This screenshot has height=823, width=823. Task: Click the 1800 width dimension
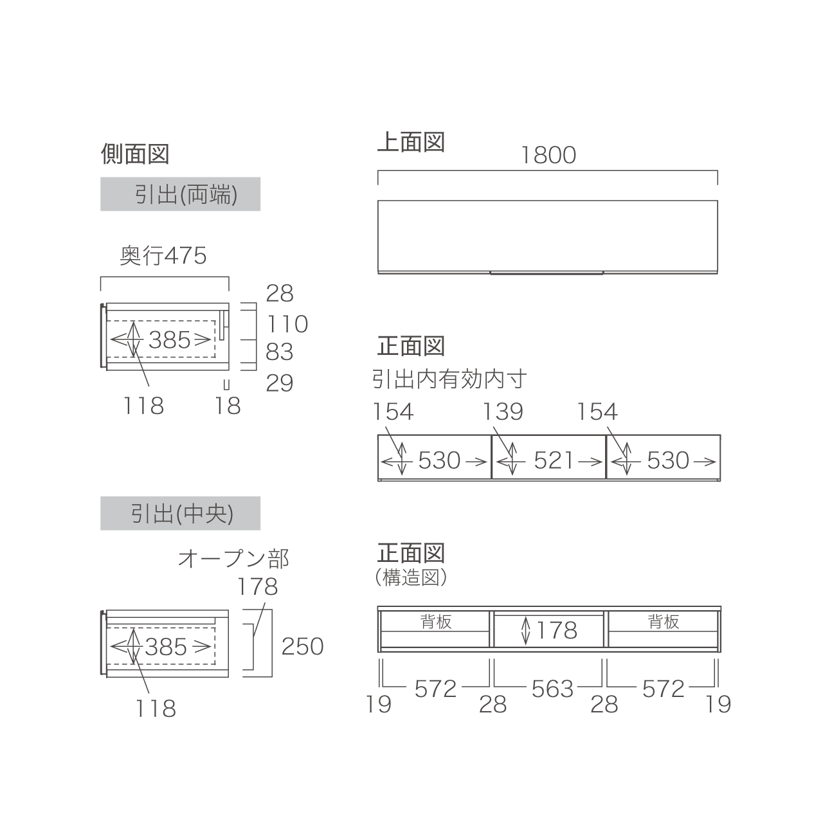click(x=548, y=155)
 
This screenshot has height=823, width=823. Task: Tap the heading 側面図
click(x=135, y=154)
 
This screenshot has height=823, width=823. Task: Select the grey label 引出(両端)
click(x=180, y=194)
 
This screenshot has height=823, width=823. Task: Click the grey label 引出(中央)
click(x=180, y=513)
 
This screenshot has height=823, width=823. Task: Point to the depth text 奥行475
click(x=163, y=256)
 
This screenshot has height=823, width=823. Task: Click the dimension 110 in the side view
click(x=287, y=323)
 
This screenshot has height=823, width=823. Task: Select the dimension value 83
click(x=279, y=352)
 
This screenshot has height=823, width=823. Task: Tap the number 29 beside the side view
click(x=279, y=383)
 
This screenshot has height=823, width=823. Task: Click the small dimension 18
click(x=227, y=406)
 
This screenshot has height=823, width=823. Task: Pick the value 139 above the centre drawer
click(x=503, y=411)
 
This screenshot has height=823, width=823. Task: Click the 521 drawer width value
click(x=554, y=460)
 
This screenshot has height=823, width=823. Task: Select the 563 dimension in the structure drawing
click(x=552, y=689)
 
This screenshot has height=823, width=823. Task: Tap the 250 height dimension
click(x=302, y=647)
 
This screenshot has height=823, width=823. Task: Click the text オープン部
click(x=233, y=559)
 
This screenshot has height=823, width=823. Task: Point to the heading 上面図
click(x=411, y=142)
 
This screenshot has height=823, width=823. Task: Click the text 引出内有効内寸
click(x=449, y=379)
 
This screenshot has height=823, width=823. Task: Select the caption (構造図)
click(x=411, y=578)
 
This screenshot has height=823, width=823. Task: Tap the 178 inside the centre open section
click(x=557, y=630)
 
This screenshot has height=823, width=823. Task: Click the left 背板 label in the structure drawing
click(x=436, y=622)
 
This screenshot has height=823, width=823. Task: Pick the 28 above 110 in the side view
click(x=279, y=293)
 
